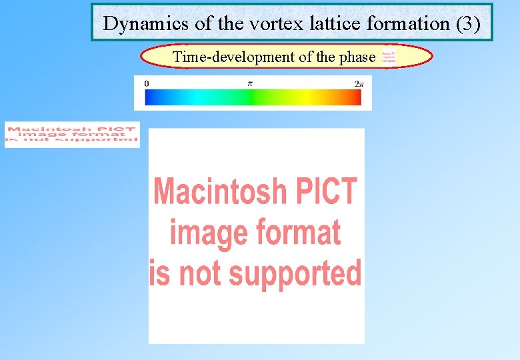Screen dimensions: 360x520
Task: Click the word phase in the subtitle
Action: pos(357,57)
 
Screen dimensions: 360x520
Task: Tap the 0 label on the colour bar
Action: pos(146,83)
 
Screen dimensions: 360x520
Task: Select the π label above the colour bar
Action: pos(250,83)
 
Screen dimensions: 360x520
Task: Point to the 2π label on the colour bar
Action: pos(359,83)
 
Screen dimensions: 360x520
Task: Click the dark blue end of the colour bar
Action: pos(150,97)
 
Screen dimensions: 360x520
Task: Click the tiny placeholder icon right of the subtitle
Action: pos(389,57)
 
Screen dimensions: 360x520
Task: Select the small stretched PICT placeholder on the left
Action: pos(72,134)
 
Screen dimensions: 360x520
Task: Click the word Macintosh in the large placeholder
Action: pos(219,192)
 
